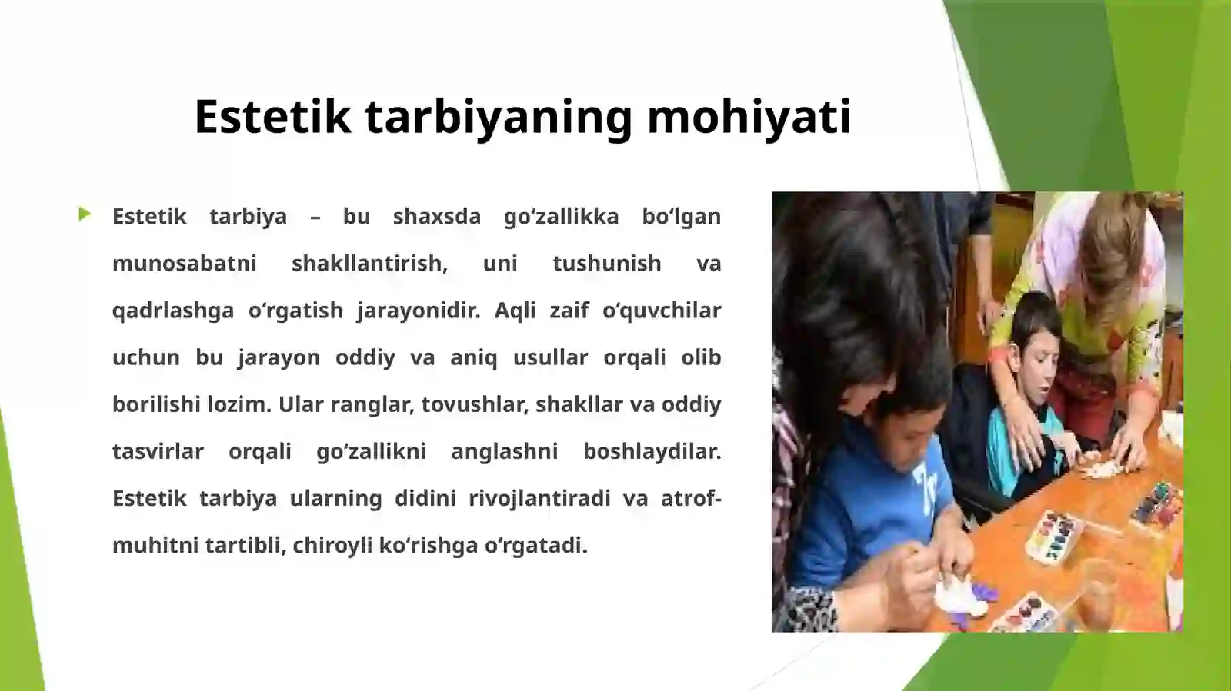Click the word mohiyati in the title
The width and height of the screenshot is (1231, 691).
click(x=749, y=117)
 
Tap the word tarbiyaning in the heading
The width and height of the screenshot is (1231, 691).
click(x=499, y=117)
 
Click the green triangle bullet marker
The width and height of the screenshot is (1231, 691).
click(x=85, y=214)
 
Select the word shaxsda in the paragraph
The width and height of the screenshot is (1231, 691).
click(x=436, y=217)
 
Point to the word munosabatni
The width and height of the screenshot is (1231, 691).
click(x=185, y=264)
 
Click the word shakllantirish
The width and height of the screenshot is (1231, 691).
click(x=369, y=264)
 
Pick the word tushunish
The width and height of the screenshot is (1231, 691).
click(x=606, y=264)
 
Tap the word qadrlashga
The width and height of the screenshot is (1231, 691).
click(x=173, y=311)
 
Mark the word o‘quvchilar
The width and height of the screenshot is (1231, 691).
click(x=662, y=311)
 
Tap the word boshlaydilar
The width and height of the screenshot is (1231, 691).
click(x=652, y=451)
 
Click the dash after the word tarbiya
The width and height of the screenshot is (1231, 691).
click(x=315, y=217)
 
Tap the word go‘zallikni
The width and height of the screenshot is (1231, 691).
click(x=371, y=451)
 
